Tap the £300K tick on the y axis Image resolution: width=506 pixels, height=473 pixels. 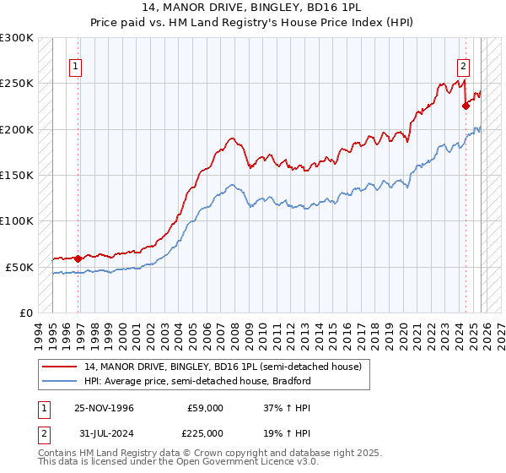(17, 38)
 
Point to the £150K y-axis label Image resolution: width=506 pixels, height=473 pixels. (17, 176)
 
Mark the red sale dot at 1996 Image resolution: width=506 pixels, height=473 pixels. (78, 258)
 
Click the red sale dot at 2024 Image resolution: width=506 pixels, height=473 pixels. (465, 106)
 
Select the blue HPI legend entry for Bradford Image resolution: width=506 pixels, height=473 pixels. (198, 381)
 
